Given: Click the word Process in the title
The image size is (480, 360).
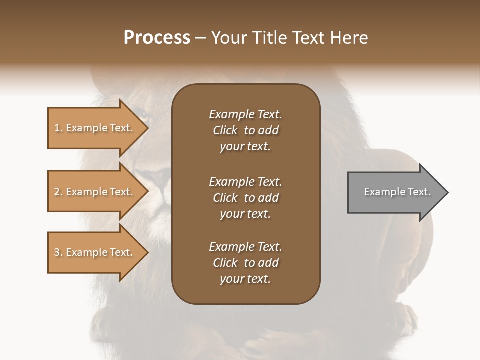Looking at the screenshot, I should click(157, 38).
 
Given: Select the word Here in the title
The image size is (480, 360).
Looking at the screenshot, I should click(349, 38).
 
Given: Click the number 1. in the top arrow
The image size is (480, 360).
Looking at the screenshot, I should click(58, 128).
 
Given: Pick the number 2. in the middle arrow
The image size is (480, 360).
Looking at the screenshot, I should click(58, 192).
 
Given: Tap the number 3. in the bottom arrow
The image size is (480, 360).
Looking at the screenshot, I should click(58, 252).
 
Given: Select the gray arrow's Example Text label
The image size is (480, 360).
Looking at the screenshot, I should click(397, 192).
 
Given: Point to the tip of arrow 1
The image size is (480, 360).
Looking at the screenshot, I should click(147, 128).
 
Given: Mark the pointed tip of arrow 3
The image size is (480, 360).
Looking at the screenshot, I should click(147, 252).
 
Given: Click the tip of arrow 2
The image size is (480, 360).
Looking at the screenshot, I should click(147, 192).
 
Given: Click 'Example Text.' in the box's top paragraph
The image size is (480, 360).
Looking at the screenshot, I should click(245, 114).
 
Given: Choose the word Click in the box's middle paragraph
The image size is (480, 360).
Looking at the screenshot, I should click(225, 198).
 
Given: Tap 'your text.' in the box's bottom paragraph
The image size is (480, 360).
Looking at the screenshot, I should click(245, 279).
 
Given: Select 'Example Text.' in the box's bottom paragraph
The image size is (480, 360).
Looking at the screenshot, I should click(245, 247).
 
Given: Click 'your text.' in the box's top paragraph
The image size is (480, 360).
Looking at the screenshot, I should click(245, 147).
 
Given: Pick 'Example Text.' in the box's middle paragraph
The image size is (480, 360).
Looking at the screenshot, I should click(245, 181).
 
